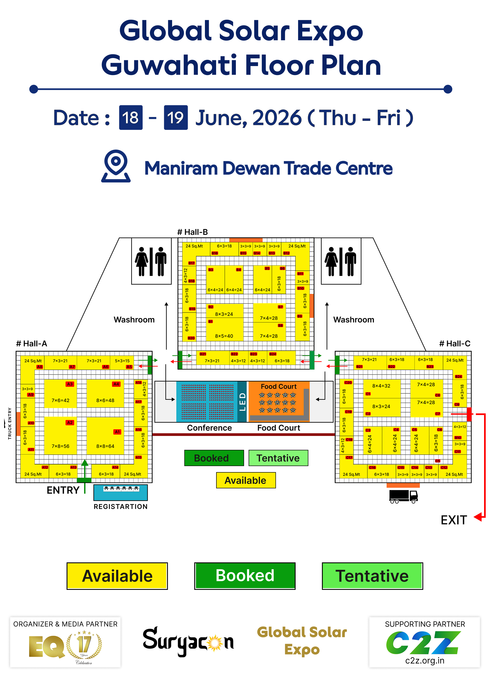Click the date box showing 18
tap(131, 118)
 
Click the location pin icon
tap(116, 166)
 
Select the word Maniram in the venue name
tap(181, 168)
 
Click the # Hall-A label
tap(32, 344)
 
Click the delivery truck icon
tap(403, 496)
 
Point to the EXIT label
tap(453, 520)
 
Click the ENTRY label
tap(63, 490)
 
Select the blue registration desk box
tap(121, 493)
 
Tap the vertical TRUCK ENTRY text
tap(10, 423)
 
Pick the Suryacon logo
tap(188, 642)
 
